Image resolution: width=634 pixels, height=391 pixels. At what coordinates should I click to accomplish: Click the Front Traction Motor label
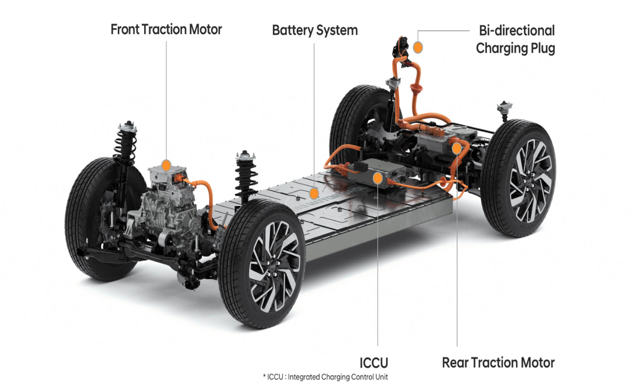coord(166,30)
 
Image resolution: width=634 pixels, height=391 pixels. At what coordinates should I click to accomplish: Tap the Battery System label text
coord(315,30)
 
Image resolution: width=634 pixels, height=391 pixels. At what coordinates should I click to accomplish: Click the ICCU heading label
coord(374,362)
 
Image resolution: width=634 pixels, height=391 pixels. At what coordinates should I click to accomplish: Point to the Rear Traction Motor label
coord(498,362)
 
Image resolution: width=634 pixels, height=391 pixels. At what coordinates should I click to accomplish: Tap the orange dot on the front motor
coord(166,165)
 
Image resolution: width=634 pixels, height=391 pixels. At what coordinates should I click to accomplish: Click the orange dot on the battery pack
coord(314,193)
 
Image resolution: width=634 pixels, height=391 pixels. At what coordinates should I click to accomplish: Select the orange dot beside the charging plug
coord(418,47)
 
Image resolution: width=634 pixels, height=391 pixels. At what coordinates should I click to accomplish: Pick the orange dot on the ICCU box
coord(378,178)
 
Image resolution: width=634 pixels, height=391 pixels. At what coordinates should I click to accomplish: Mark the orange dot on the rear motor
coord(457,148)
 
